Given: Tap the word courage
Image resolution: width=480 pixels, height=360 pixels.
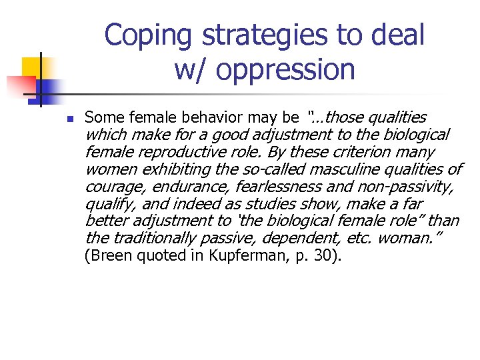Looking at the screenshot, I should [110, 187].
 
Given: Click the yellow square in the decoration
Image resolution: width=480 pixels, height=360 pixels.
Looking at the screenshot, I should [32, 67].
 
